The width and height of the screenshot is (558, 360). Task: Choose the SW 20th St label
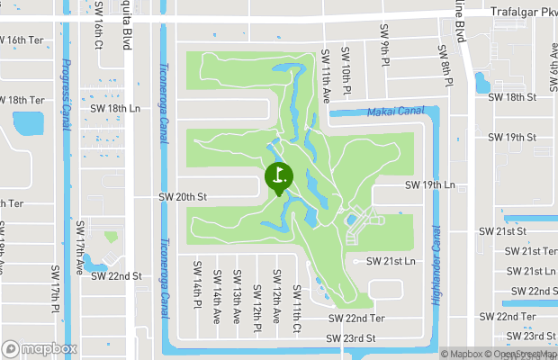tap(183, 196)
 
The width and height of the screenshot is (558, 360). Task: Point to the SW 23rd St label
tap(350, 337)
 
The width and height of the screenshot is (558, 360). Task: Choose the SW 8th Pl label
tap(443, 66)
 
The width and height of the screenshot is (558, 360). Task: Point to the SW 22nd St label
tap(116, 276)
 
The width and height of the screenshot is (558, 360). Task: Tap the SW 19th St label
tap(511, 138)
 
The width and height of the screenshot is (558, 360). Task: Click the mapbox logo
tap(40, 349)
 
